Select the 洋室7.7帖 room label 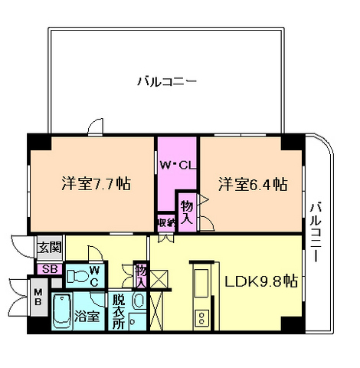pyautogui.click(x=96, y=185)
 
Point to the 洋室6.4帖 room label pyautogui.click(x=252, y=185)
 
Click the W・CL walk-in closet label pyautogui.click(x=177, y=163)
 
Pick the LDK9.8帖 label pyautogui.click(x=260, y=281)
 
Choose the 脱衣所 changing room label pyautogui.click(x=117, y=310)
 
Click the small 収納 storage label pyautogui.click(x=165, y=222)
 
